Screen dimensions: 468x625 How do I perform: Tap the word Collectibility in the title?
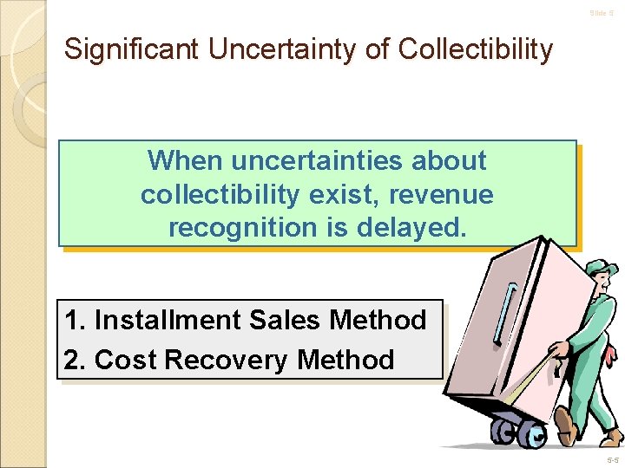pos(475,49)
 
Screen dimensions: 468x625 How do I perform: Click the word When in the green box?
pos(185,160)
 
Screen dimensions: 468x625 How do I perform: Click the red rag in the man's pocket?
pos(613,354)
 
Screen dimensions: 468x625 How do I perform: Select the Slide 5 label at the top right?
pos(602,13)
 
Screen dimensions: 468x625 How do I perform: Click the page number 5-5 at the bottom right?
pos(612,459)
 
